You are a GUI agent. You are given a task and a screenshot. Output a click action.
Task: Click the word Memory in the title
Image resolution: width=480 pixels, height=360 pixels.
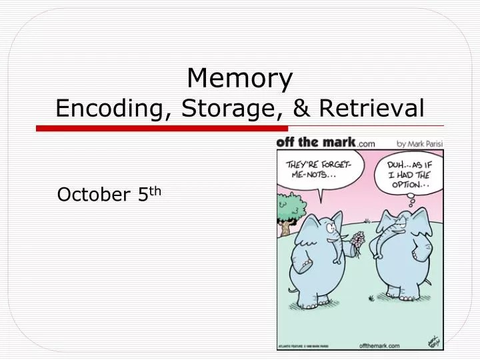240,79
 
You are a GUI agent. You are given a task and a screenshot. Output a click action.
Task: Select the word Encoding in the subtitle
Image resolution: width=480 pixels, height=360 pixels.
111,107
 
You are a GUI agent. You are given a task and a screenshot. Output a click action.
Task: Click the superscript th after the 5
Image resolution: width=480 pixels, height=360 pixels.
155,191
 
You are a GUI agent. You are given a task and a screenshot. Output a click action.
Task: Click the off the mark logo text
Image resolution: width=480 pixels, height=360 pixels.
316,142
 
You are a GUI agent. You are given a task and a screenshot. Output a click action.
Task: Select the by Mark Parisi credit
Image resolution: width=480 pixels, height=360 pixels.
420,143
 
